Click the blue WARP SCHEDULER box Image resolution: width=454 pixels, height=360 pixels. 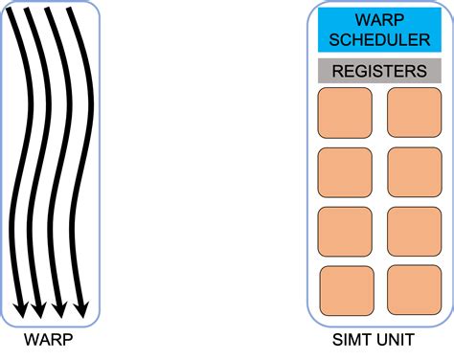click(378, 29)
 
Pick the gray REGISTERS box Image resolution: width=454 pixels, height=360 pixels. click(378, 71)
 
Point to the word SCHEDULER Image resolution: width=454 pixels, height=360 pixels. click(378, 38)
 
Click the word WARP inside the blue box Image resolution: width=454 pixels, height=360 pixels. click(378, 18)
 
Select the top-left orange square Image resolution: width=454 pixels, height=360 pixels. click(344, 112)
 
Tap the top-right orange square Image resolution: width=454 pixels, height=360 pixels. click(413, 112)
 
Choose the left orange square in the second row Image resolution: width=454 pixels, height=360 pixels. click(344, 171)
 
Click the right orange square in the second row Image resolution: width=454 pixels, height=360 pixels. click(413, 171)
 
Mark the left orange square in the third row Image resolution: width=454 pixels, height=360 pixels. click(344, 231)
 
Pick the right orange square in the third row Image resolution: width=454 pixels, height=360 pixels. click(413, 231)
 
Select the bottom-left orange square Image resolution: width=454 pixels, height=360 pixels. click(345, 289)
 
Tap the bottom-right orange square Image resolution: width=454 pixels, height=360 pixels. click(413, 289)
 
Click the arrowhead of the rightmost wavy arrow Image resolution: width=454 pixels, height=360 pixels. click(81, 309)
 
